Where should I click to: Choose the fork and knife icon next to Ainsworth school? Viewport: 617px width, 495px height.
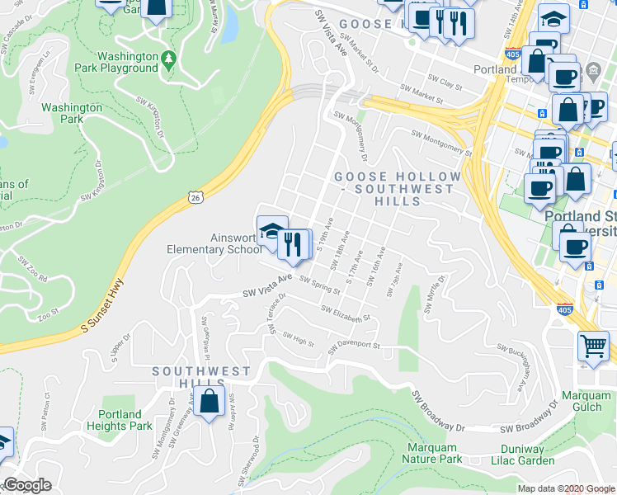coord(294,245)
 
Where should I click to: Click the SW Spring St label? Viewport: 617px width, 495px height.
coord(319,285)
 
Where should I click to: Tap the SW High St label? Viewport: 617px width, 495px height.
coord(298,336)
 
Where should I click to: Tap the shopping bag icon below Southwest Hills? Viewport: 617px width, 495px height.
coord(210,402)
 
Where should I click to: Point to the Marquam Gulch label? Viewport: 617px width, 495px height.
coord(585,401)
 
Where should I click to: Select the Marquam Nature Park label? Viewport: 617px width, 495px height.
coord(431,453)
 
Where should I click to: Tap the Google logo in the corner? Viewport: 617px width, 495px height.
coord(27,485)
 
